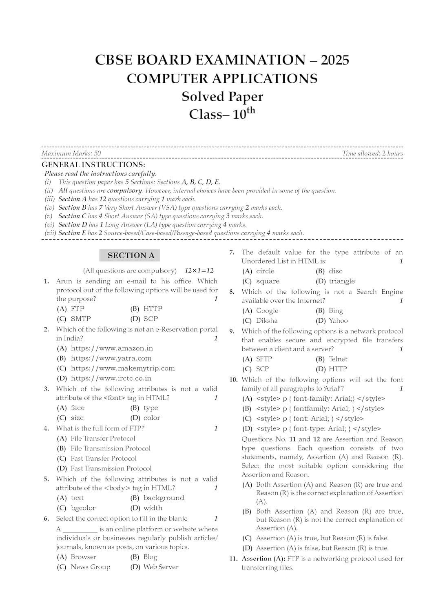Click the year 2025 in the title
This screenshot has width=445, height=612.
point(335,60)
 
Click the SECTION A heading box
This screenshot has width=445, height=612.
point(130,255)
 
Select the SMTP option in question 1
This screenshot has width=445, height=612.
point(80,319)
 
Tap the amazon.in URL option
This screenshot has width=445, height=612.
point(111,348)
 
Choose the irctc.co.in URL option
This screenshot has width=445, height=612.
point(111,378)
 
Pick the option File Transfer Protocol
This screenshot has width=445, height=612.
point(102,438)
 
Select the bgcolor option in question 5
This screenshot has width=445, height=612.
point(83,508)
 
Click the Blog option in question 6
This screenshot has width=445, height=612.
point(150,557)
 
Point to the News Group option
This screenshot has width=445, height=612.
point(90,567)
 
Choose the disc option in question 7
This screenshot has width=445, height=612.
point(335,271)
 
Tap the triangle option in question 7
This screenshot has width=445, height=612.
point(341,281)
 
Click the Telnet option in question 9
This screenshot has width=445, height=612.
point(338,359)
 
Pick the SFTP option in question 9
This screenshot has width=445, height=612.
point(263,359)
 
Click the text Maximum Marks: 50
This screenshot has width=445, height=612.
point(71,153)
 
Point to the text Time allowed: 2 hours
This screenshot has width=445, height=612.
point(372,153)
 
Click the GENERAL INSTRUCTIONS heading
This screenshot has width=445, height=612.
point(93,165)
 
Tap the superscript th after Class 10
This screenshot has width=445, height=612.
point(251,110)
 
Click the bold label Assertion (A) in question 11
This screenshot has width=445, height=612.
point(263,559)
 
